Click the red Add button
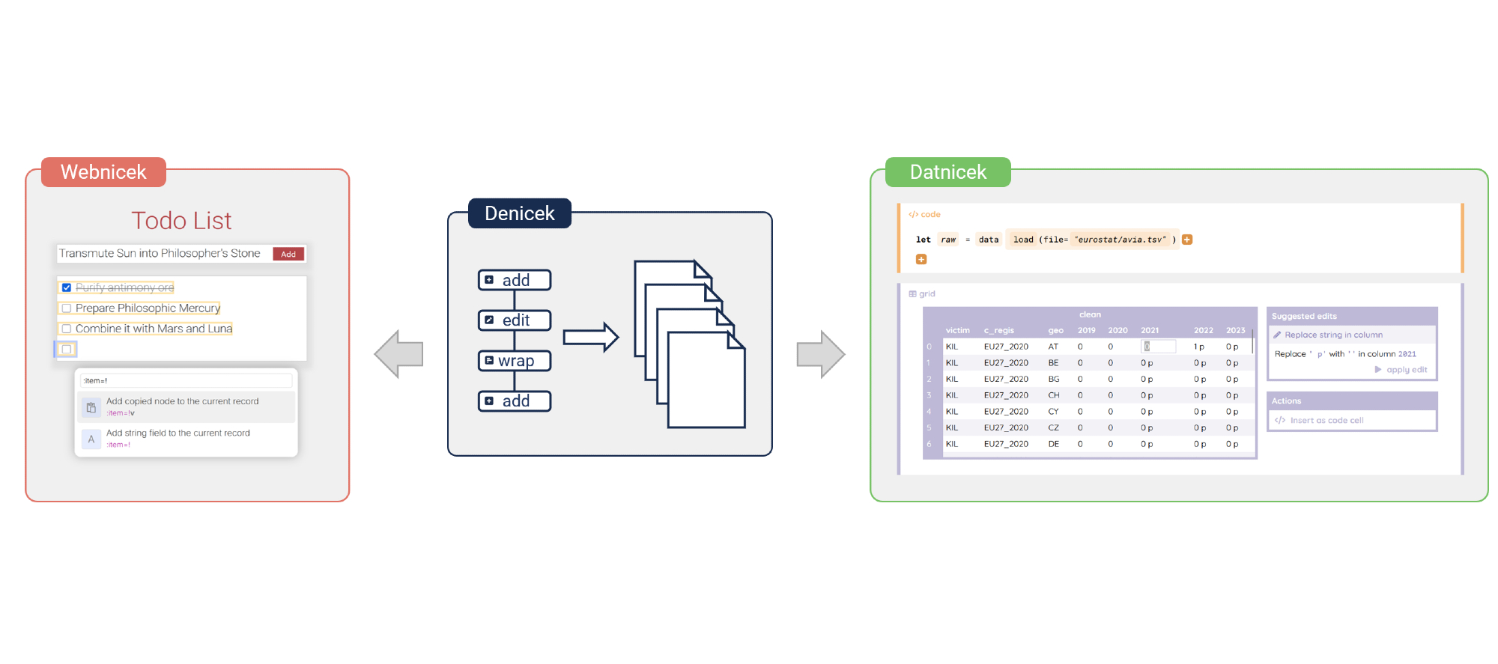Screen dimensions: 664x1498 (x=288, y=254)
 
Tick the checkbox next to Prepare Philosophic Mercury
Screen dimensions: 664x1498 (x=67, y=308)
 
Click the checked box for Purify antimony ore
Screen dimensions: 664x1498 (x=67, y=287)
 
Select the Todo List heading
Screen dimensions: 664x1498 (x=181, y=221)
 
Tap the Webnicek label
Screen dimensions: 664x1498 (x=103, y=172)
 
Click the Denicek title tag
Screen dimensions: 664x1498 (x=519, y=213)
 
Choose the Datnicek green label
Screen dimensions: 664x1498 (x=947, y=172)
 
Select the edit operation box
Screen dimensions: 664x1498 (x=515, y=320)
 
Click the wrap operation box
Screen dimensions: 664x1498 (x=515, y=361)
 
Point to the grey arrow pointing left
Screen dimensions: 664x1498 (x=399, y=354)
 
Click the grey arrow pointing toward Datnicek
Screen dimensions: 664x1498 (x=821, y=354)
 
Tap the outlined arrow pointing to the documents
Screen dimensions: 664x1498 (x=590, y=338)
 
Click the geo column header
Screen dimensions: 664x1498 (x=1055, y=330)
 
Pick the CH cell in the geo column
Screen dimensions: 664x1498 (x=1054, y=395)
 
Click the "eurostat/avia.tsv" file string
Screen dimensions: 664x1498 (x=1121, y=240)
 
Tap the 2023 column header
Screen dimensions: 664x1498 (x=1235, y=330)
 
